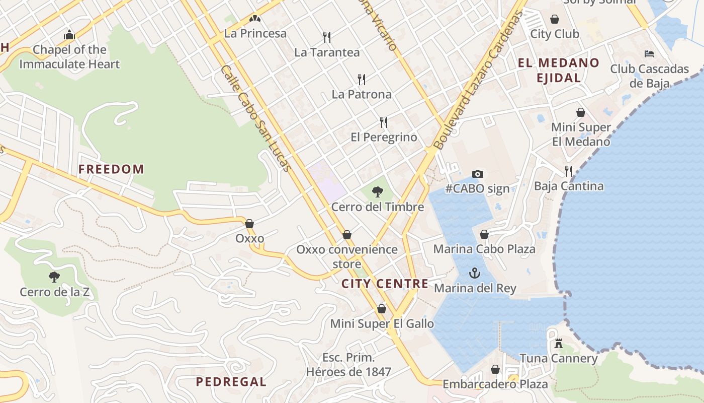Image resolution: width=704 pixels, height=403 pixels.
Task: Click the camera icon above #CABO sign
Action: pos(478,174)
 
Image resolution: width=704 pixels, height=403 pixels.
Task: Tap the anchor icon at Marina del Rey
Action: pos(474,273)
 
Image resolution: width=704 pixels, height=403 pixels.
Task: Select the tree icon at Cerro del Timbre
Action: pos(377,191)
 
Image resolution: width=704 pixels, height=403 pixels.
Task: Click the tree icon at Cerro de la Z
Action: pos(54,277)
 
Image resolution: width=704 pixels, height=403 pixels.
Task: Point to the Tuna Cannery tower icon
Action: pos(558,344)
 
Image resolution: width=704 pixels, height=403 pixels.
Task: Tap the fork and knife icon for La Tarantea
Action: pos(327,37)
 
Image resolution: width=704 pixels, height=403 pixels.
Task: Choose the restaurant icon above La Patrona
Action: pos(361,79)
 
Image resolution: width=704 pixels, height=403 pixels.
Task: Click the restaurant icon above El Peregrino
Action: pos(384,122)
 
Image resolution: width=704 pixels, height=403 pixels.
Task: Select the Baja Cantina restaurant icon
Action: pos(569,171)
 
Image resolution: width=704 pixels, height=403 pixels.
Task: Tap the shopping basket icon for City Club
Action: pos(555,19)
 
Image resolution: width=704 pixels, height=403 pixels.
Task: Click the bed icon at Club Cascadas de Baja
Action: pos(649,53)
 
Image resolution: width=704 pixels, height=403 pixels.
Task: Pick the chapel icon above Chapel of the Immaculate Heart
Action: pos(69,35)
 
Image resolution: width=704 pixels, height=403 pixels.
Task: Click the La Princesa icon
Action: pos(255,19)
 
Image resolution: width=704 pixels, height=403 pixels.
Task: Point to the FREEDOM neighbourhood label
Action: pos(111,169)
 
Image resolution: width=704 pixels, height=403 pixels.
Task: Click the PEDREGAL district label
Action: pos(231,382)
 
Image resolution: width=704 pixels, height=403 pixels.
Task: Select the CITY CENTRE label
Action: pos(385,284)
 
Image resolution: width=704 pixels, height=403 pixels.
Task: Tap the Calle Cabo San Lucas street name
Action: pos(255,119)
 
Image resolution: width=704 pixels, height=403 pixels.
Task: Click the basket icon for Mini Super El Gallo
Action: pos(382,309)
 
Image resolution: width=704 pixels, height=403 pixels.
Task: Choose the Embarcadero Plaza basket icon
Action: pos(495,369)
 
